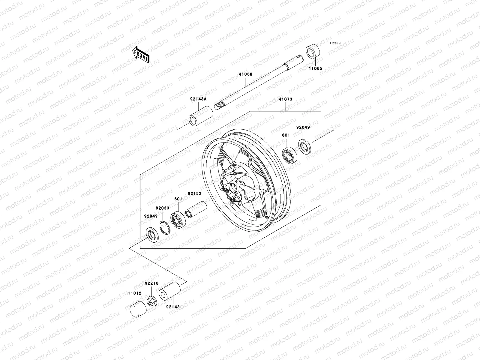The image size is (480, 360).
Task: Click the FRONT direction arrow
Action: tap(145, 54)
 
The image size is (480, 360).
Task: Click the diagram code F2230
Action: tap(335, 43)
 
